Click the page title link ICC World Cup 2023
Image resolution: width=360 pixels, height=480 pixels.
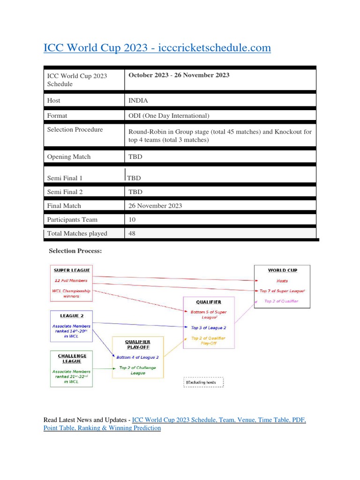(x=157, y=48)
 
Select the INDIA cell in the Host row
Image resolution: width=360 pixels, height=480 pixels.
(x=138, y=100)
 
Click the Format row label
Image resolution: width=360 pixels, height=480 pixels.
(x=57, y=115)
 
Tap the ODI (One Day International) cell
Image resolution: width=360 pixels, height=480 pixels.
(x=169, y=115)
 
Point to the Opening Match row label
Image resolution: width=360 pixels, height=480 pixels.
(x=69, y=157)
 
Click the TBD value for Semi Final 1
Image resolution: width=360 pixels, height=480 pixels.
(x=134, y=178)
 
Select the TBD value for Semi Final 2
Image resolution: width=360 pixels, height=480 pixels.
(x=135, y=192)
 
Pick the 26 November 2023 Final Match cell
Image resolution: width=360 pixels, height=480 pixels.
(x=155, y=205)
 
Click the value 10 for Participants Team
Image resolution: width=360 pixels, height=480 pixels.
(x=132, y=219)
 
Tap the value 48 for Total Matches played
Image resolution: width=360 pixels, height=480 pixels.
(x=132, y=233)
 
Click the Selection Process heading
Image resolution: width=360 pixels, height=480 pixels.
(x=75, y=251)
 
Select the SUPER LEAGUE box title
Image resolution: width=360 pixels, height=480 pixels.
(x=71, y=270)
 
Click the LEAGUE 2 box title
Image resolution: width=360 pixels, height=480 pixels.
(x=72, y=316)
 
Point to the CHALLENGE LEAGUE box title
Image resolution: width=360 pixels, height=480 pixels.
(x=72, y=359)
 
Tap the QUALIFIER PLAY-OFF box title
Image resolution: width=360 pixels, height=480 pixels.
(x=138, y=345)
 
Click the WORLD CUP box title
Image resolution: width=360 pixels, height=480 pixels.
(x=282, y=270)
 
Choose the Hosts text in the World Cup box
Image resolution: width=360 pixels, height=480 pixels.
(x=282, y=281)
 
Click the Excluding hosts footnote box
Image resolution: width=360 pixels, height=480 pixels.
(x=203, y=383)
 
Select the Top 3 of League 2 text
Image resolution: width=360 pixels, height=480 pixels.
(x=208, y=328)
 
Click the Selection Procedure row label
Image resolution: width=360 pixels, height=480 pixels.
(x=75, y=129)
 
